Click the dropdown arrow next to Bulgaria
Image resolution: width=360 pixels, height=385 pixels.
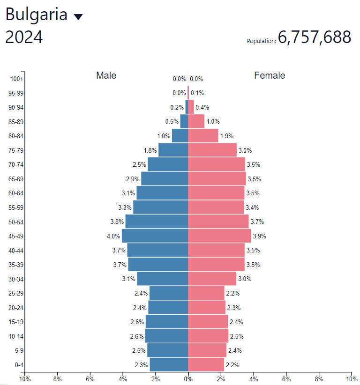(78, 17)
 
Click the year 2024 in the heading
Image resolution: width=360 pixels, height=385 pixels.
(24, 37)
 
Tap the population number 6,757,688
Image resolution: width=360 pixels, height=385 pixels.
(314, 37)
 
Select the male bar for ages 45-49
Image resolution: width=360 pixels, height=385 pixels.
(155, 236)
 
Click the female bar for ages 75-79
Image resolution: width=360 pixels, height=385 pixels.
(212, 150)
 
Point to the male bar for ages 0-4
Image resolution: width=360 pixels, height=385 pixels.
(169, 364)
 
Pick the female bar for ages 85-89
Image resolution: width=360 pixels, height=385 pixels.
(196, 121)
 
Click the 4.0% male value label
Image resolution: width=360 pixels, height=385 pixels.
(113, 236)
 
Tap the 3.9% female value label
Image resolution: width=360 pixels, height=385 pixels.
(259, 236)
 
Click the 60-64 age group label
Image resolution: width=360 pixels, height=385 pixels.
(16, 193)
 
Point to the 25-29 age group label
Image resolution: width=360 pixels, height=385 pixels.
(16, 293)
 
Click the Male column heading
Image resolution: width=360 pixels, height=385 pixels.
(106, 75)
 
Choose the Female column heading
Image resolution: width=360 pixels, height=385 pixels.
(270, 75)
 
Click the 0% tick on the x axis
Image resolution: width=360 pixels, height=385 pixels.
(188, 378)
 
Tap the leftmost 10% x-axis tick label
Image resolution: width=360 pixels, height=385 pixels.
(24, 378)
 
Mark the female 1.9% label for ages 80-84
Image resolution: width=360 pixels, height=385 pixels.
(227, 136)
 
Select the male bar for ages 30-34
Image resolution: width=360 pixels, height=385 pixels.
(162, 279)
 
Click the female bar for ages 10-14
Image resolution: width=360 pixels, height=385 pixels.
(208, 336)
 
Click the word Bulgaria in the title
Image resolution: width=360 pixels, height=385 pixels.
(37, 15)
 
